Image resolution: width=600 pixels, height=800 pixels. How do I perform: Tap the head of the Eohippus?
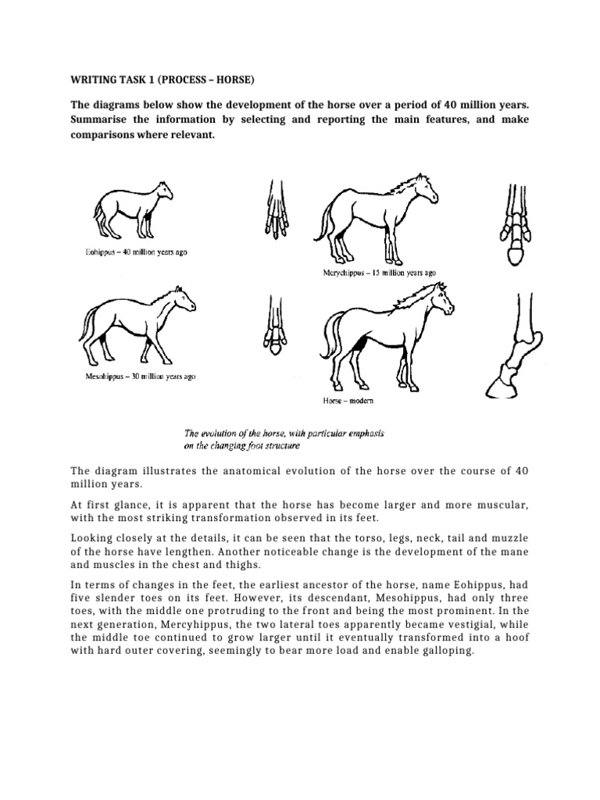click(162, 190)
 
